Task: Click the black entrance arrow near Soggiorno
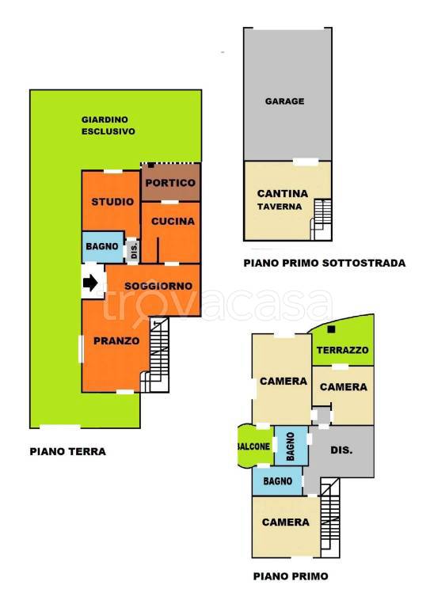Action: coord(90,283)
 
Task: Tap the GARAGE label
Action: coord(284,101)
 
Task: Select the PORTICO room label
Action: coord(170,183)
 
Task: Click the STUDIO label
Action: coord(112,202)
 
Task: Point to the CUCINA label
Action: coord(173,221)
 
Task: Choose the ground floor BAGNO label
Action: coord(102,246)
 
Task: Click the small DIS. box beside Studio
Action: coord(133,250)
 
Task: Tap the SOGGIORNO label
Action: coord(158,286)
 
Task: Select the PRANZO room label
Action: coord(116,341)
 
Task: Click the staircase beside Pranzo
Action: coord(156,355)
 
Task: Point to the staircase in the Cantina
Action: coord(322,219)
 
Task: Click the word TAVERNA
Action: coord(280,207)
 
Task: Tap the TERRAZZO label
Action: coord(342,350)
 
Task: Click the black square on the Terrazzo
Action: coord(331,329)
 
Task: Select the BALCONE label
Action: coord(253,446)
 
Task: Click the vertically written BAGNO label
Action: coord(291,446)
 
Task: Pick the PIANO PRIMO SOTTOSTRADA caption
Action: coord(325,263)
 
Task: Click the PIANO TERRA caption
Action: coord(68,451)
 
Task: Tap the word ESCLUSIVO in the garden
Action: coord(108,131)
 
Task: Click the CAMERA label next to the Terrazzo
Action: coord(344,387)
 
